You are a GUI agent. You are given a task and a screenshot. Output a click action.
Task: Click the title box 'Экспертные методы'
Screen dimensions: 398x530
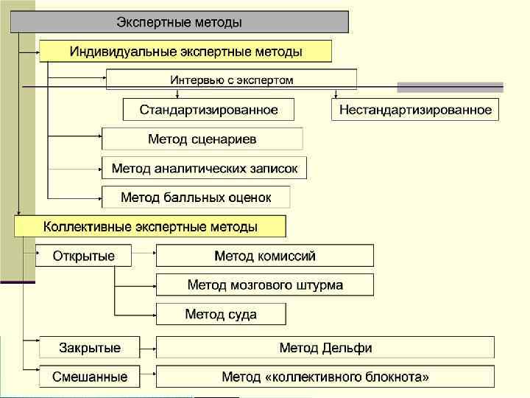coord(179,22)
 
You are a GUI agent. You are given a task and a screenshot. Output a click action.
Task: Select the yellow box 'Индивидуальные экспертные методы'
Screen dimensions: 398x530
coord(185,52)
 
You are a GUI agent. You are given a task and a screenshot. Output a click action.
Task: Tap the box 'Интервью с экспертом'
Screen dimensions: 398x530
coord(231,80)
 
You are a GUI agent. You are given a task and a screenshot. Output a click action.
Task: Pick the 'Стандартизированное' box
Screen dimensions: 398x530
coord(208,110)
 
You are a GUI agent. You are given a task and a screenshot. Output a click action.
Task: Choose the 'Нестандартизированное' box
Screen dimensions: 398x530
coord(415,110)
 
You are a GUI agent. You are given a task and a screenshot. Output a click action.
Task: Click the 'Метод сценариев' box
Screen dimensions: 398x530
coord(202,139)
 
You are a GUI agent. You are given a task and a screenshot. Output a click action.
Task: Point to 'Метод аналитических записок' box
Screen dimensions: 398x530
coord(204,168)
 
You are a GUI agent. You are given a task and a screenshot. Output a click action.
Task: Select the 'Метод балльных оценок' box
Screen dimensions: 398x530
coord(196,197)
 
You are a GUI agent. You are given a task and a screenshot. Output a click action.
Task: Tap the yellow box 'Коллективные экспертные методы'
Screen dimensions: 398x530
coord(150,226)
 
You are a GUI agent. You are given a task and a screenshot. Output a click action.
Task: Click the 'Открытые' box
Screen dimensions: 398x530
coord(83,256)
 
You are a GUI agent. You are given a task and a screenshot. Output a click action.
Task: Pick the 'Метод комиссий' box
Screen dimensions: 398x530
coord(264,256)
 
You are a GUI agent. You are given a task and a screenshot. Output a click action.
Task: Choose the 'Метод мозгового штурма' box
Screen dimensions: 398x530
coord(264,284)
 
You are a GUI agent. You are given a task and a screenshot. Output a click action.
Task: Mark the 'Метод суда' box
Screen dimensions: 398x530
coord(220,314)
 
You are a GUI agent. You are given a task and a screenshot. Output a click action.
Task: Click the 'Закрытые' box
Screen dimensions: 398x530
coord(90,347)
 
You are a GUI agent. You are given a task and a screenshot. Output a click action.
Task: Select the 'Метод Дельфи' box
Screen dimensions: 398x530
coord(325,347)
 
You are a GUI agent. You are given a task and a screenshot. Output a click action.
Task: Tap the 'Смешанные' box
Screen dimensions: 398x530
coord(90,376)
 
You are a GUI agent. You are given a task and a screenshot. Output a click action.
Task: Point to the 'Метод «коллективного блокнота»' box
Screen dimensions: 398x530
coord(325,376)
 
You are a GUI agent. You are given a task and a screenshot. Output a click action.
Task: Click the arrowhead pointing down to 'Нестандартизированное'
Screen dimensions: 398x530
coord(336,95)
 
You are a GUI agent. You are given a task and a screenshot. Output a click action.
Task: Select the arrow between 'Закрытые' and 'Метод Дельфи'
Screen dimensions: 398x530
coord(148,347)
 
